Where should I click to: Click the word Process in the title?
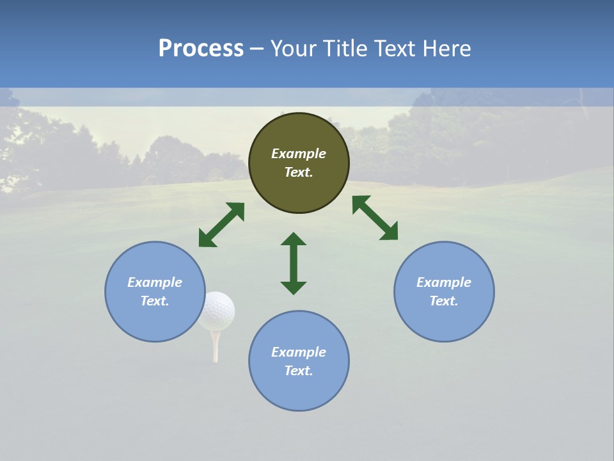point(201,49)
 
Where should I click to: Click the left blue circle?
point(155,291)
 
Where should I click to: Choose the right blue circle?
point(444,291)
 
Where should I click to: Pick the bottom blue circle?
point(299,360)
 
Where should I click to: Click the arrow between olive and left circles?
point(221,225)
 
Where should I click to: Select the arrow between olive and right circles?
point(375,218)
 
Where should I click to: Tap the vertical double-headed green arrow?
point(294,263)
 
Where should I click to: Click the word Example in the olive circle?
point(299,154)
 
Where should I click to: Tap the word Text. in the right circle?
point(444,301)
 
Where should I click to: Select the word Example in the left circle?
point(155,282)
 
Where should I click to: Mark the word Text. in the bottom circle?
point(299,371)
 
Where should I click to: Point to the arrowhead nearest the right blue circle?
point(390,232)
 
